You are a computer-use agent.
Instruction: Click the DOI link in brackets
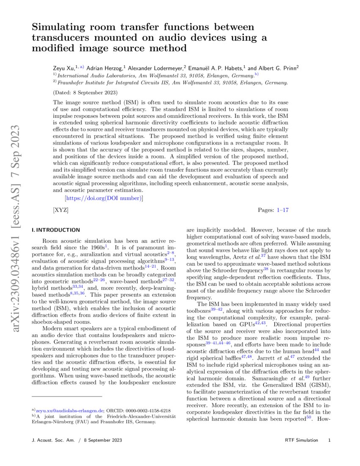104,198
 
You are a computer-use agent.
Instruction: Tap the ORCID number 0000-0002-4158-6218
148,411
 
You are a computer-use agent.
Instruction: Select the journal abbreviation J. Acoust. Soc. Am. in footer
52,441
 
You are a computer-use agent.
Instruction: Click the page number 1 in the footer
329,441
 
